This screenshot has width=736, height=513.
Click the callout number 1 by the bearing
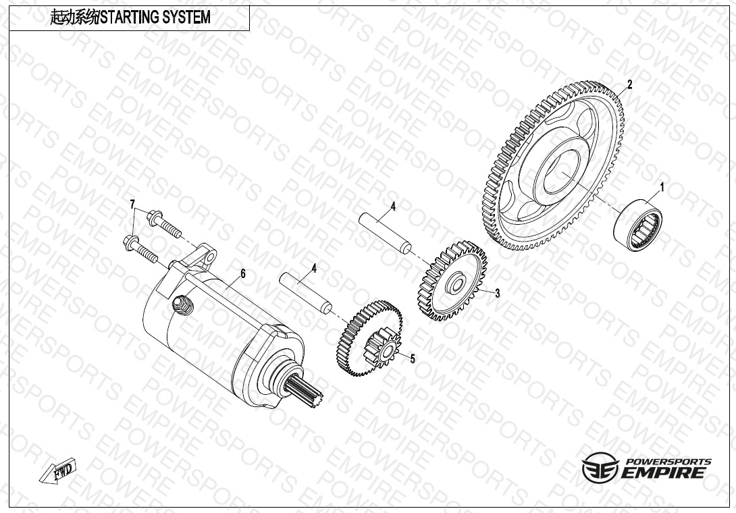point(662,188)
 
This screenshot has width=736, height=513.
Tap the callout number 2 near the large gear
point(630,84)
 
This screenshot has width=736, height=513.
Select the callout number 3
point(498,294)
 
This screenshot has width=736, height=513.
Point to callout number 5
point(413,359)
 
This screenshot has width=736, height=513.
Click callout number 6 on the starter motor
point(242,273)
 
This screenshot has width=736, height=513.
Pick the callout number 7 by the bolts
point(132,204)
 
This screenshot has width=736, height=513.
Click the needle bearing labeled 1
point(638,225)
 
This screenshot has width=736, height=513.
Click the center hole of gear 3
point(455,284)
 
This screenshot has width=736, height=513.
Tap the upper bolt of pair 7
point(164,224)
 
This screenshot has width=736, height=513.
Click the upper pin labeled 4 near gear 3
point(386,234)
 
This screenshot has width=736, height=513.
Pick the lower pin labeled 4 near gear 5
point(306,294)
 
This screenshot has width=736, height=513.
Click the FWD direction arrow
point(59,470)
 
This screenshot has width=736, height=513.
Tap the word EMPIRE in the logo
point(663,472)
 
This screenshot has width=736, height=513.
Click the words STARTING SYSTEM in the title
point(156,18)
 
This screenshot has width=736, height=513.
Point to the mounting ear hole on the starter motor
point(210,256)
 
